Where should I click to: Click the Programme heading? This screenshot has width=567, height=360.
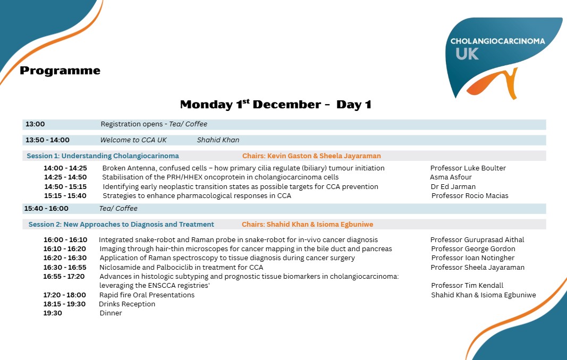point(60,71)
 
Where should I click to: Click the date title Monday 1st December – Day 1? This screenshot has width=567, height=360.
point(275,105)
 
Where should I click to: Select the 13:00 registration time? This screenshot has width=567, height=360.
point(35,124)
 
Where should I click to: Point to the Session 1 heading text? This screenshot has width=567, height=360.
point(103,156)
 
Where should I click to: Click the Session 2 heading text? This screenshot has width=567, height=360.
point(121,225)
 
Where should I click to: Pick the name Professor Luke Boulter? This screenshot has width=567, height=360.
point(468,168)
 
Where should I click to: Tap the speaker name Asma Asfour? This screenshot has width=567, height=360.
point(451,177)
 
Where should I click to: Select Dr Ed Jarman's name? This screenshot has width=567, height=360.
point(453,187)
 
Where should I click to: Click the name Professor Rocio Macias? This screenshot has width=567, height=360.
point(470,196)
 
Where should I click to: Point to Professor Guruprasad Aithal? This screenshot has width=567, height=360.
point(477,240)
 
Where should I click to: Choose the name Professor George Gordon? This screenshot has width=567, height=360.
point(473,249)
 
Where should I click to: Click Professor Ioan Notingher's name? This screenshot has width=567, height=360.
point(472,258)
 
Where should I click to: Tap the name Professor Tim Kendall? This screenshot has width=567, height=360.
point(467,286)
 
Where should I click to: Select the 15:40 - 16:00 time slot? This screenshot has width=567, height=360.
point(46,209)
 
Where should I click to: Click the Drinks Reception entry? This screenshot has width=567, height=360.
point(127,304)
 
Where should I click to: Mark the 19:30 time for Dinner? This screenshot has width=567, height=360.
point(53,313)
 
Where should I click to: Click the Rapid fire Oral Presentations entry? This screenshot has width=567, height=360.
point(147,295)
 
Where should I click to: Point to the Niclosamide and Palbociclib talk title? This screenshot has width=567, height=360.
point(181,268)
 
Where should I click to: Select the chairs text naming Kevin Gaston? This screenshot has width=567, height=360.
point(311,156)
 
